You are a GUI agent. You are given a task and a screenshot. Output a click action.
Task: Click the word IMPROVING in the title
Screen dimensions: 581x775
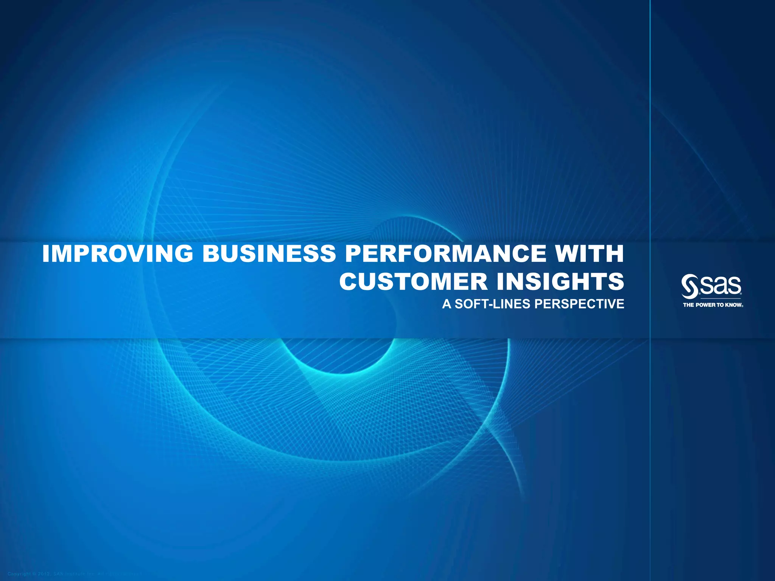(x=118, y=254)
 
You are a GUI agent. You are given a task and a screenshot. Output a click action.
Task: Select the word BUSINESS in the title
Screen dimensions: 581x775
(x=269, y=254)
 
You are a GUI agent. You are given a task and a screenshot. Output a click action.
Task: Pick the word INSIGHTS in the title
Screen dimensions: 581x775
(x=560, y=282)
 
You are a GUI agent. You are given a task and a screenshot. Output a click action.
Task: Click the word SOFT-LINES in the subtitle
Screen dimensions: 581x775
(x=492, y=304)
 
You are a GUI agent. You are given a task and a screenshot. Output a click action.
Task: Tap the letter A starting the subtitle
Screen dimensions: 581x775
(x=447, y=304)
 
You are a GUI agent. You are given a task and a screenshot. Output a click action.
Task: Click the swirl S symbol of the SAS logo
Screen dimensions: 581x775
(x=689, y=286)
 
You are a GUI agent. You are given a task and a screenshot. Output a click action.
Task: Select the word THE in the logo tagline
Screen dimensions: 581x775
(x=689, y=305)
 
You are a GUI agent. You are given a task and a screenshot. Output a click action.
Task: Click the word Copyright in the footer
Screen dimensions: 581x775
(x=19, y=574)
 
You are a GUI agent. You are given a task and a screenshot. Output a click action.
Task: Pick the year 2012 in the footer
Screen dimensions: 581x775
(x=44, y=574)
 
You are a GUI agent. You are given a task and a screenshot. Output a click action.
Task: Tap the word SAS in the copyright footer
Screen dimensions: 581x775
(x=58, y=574)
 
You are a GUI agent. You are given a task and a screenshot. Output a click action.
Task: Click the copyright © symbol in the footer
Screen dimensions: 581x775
(x=34, y=574)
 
